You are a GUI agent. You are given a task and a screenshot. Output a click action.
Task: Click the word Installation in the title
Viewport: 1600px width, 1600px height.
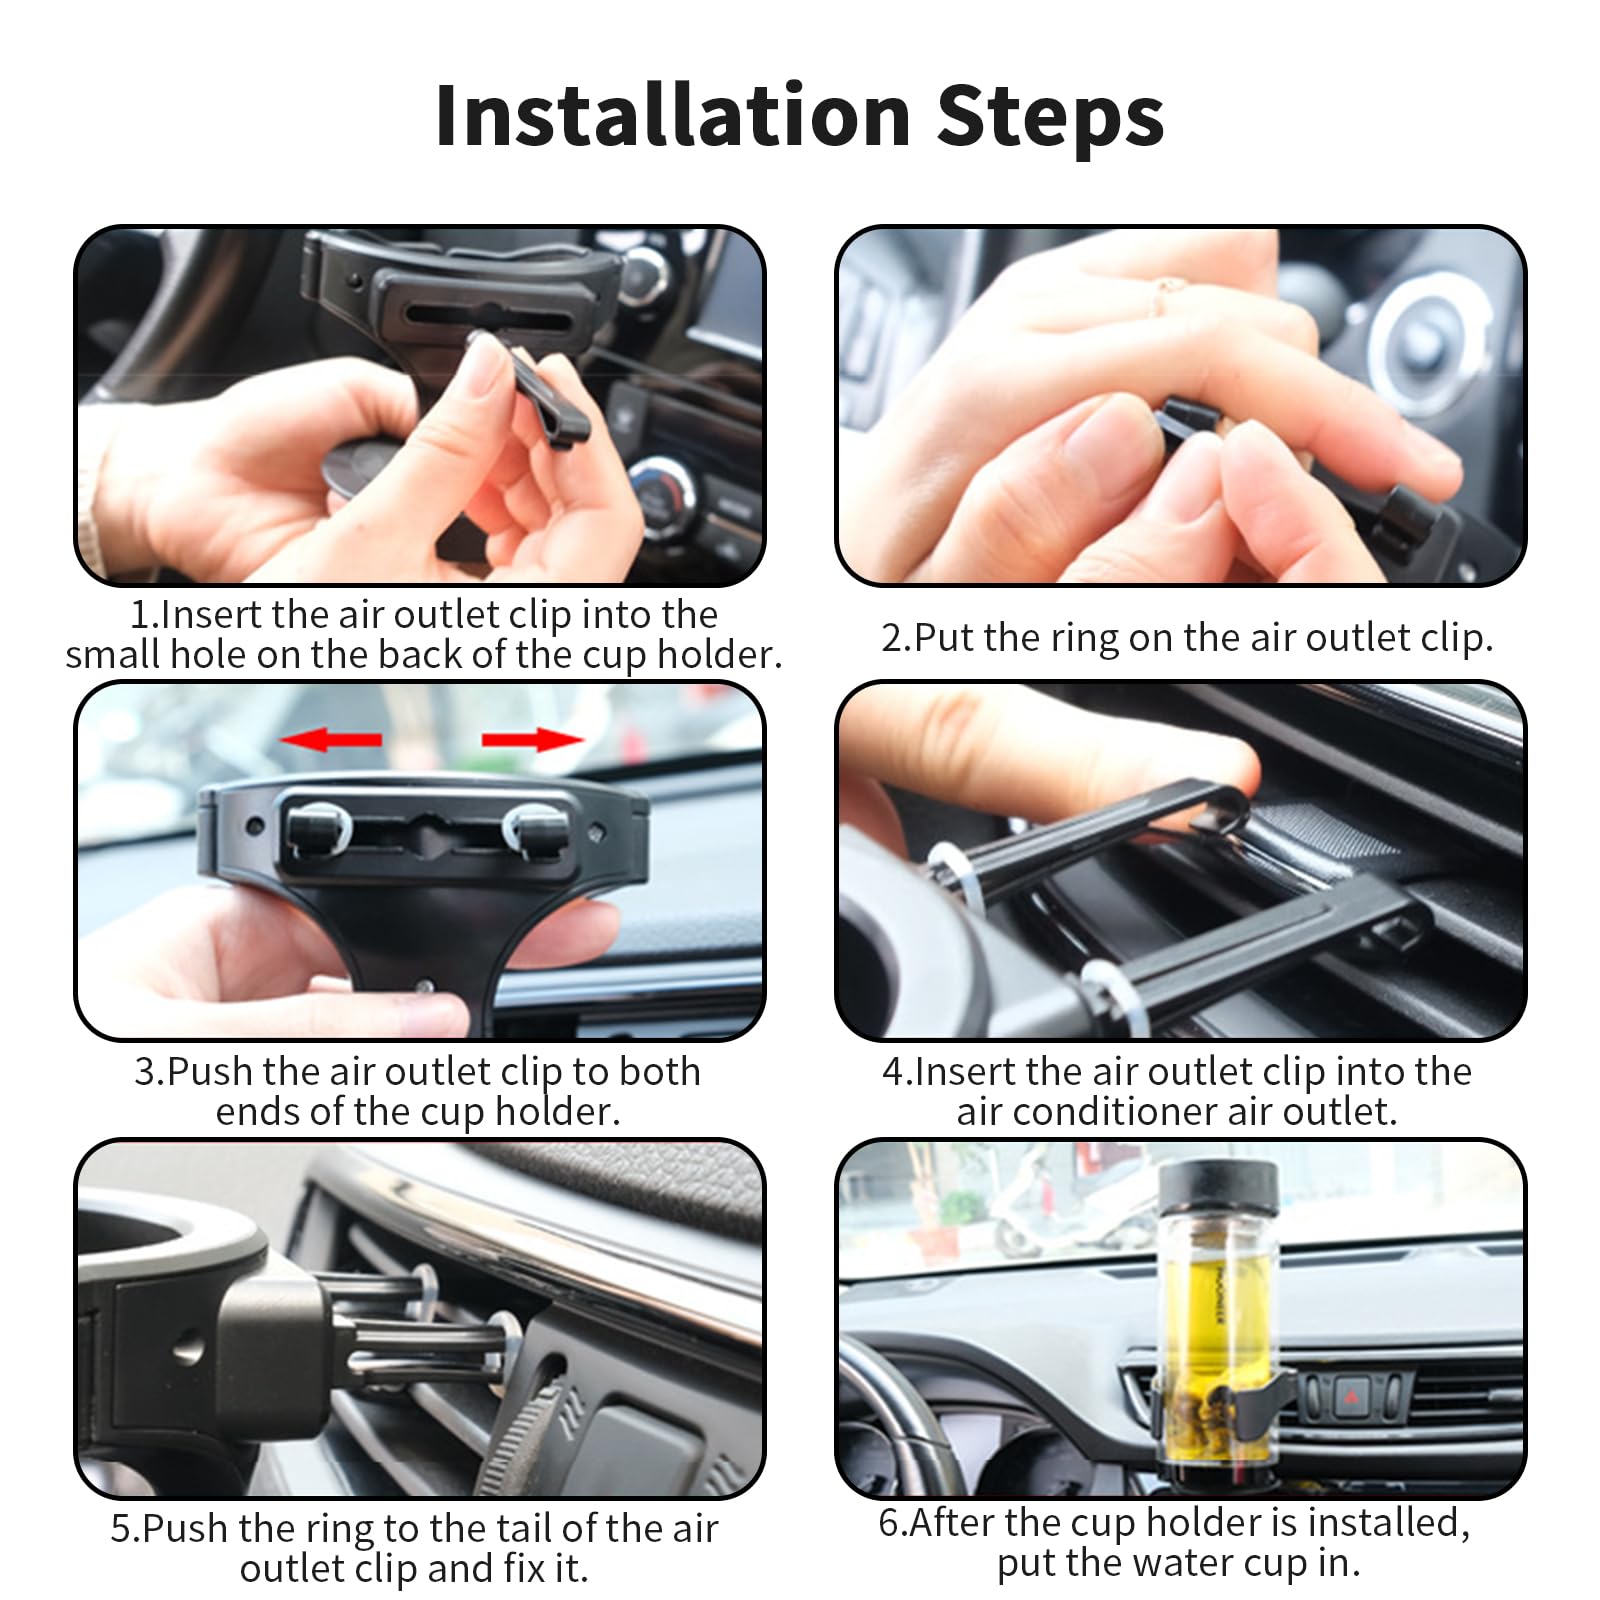click(672, 115)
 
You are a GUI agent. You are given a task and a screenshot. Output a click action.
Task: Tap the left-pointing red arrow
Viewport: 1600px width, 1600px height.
click(330, 740)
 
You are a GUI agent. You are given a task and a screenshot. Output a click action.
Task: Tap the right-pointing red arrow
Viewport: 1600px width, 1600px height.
click(532, 740)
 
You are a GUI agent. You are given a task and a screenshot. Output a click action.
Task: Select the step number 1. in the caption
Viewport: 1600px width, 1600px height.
click(144, 615)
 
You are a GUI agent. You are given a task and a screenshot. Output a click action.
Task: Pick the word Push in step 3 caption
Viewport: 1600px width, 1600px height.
click(203, 1072)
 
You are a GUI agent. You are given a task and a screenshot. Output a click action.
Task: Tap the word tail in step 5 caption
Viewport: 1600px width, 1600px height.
click(521, 1529)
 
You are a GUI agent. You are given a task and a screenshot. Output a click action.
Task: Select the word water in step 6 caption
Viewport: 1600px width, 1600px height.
click(1134, 1563)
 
